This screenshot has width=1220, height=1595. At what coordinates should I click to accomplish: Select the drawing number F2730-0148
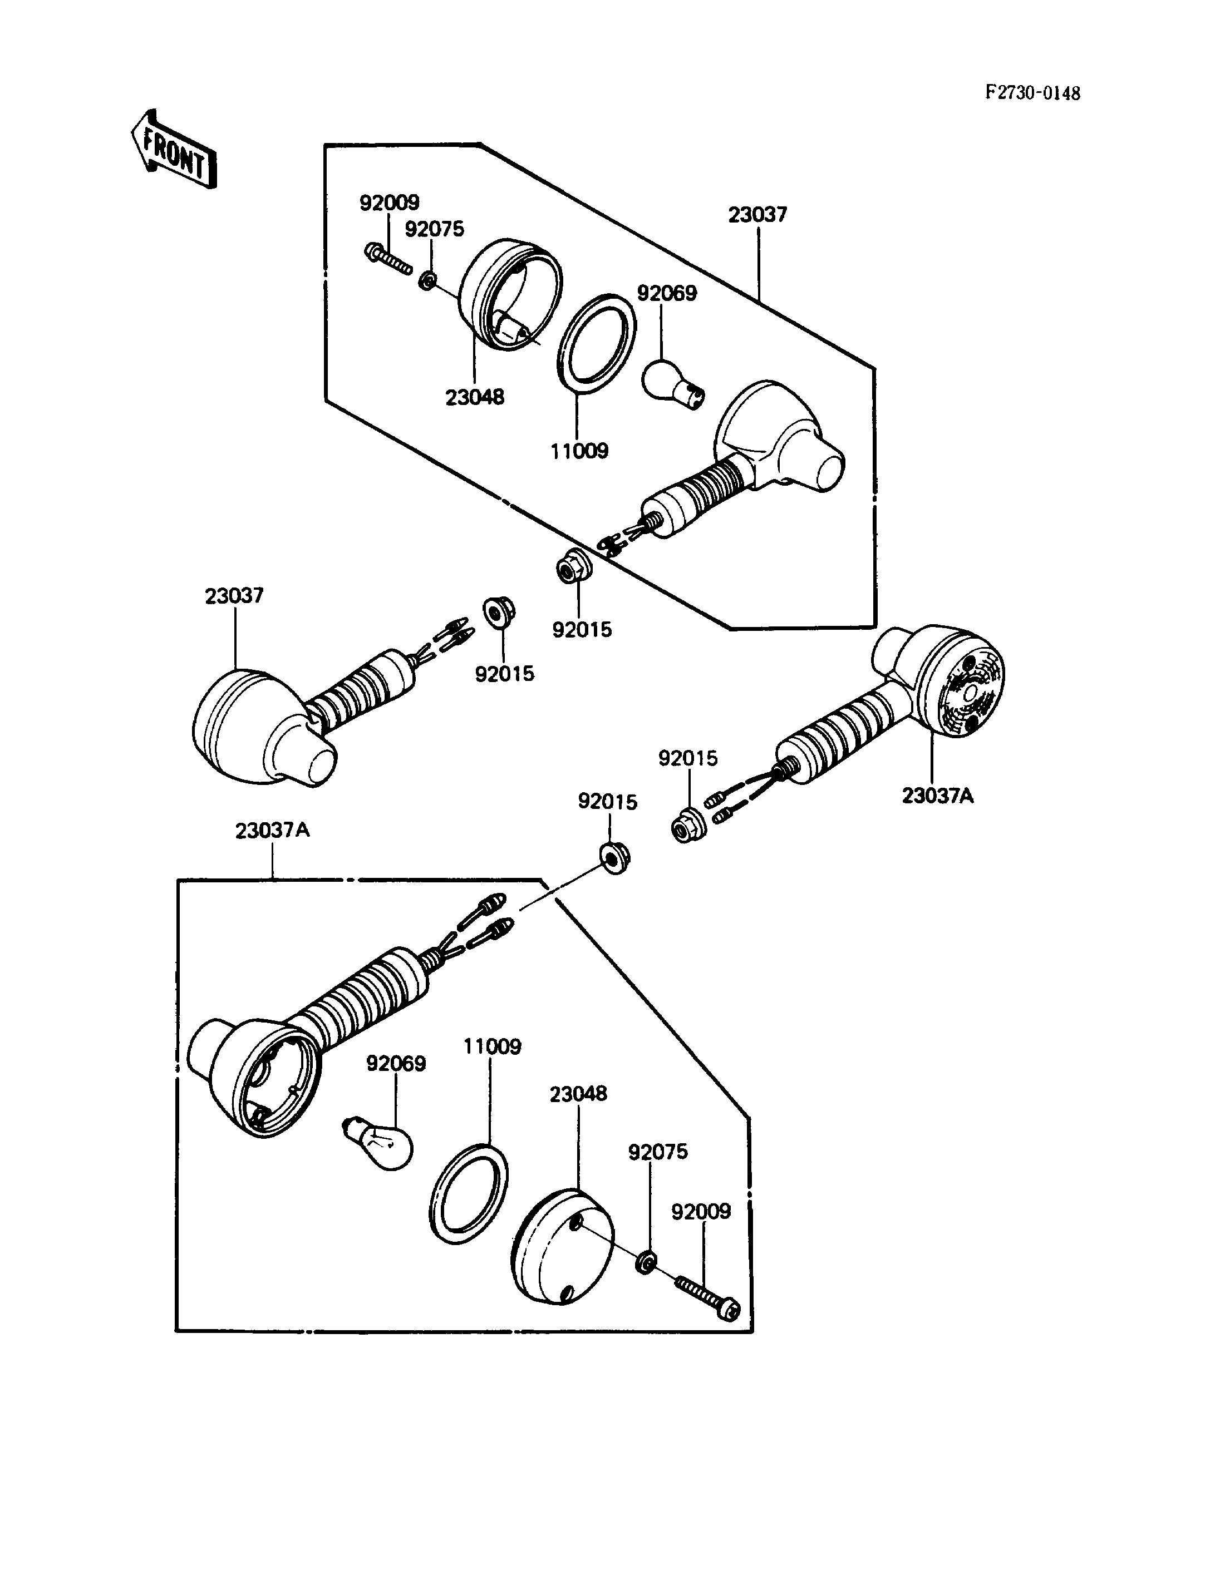(x=1032, y=93)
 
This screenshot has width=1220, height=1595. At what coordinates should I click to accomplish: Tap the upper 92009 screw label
(x=389, y=203)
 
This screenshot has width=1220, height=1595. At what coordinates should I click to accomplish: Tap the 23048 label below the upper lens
(x=475, y=397)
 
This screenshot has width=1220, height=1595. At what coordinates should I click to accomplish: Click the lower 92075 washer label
(x=658, y=1152)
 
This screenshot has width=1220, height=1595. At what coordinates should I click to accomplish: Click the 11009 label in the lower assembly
(x=493, y=1047)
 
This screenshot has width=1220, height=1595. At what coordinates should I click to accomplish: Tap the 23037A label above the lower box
(x=272, y=830)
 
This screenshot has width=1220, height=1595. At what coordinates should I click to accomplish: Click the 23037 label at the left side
(x=234, y=596)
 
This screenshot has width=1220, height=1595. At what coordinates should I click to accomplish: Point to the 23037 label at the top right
(x=757, y=215)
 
